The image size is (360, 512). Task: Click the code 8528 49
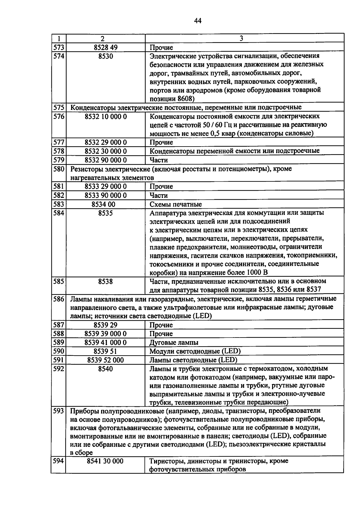tap(105, 47)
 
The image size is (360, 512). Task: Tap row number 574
tap(59, 56)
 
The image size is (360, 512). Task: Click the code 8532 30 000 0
tap(106, 151)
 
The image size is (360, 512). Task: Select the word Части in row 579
tap(159, 160)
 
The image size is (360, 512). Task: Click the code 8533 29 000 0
tap(106, 186)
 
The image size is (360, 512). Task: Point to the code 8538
tap(105, 282)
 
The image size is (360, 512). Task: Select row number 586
tap(59, 299)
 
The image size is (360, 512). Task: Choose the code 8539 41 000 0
tap(106, 343)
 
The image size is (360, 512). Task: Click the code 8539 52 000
tap(105, 360)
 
